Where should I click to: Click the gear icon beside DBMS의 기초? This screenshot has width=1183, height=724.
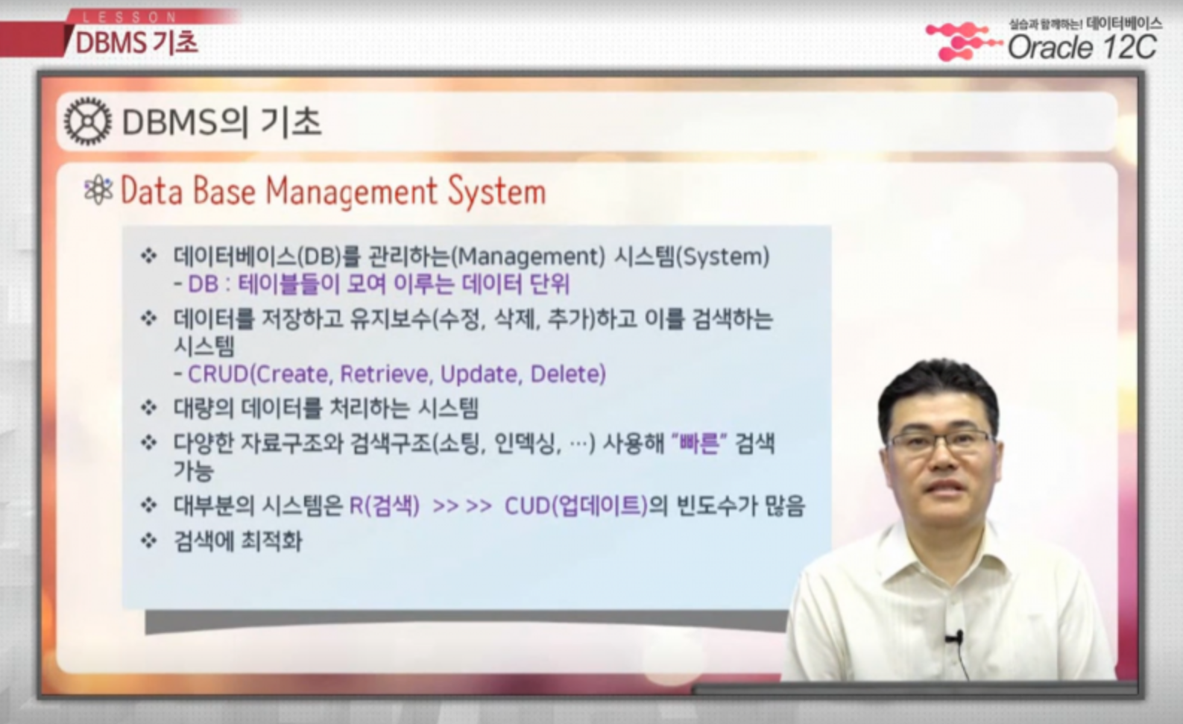[x=88, y=121]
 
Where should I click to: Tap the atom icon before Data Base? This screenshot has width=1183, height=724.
[x=98, y=190]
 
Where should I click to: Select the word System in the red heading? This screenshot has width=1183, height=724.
[x=496, y=192]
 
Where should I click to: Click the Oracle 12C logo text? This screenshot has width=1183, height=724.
[x=1082, y=48]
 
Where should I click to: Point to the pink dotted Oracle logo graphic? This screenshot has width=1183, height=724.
[x=961, y=41]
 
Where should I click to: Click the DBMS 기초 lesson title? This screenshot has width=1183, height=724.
[x=137, y=43]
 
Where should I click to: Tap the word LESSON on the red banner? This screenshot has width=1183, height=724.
[x=130, y=17]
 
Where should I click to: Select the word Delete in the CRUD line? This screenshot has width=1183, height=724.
[x=568, y=374]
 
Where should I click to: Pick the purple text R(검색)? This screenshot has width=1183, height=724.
[x=385, y=506]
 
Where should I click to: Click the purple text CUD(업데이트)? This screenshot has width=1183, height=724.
[x=576, y=506]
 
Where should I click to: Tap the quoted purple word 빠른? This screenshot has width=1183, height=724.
[x=699, y=443]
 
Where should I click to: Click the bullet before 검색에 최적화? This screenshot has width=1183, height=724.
[x=149, y=541]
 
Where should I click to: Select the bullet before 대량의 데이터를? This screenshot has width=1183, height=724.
[x=149, y=407]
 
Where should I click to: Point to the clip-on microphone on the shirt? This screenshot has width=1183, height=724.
[x=954, y=638]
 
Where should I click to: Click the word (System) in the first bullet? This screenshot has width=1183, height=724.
[x=723, y=256]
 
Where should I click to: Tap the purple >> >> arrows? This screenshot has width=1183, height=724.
[x=462, y=506]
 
